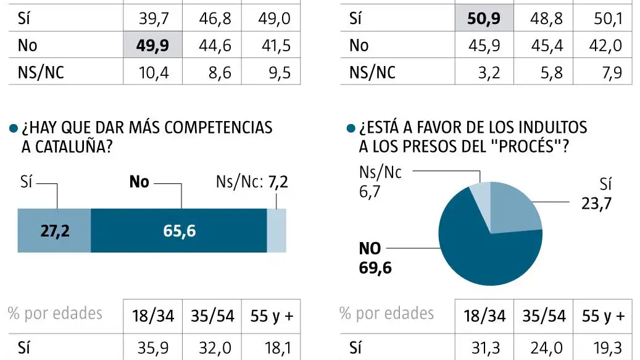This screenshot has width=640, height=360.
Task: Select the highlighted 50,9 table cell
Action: [484, 19]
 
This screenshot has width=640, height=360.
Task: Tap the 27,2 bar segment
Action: [54, 230]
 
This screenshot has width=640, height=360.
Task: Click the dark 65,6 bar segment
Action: [178, 230]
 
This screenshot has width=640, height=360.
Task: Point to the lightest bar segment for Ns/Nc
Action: [276, 230]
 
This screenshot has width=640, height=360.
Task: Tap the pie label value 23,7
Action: [596, 203]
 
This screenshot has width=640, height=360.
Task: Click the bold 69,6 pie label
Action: [375, 268]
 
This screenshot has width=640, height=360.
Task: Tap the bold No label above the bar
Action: [139, 182]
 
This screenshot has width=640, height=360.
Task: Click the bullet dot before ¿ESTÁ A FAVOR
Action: [351, 128]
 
